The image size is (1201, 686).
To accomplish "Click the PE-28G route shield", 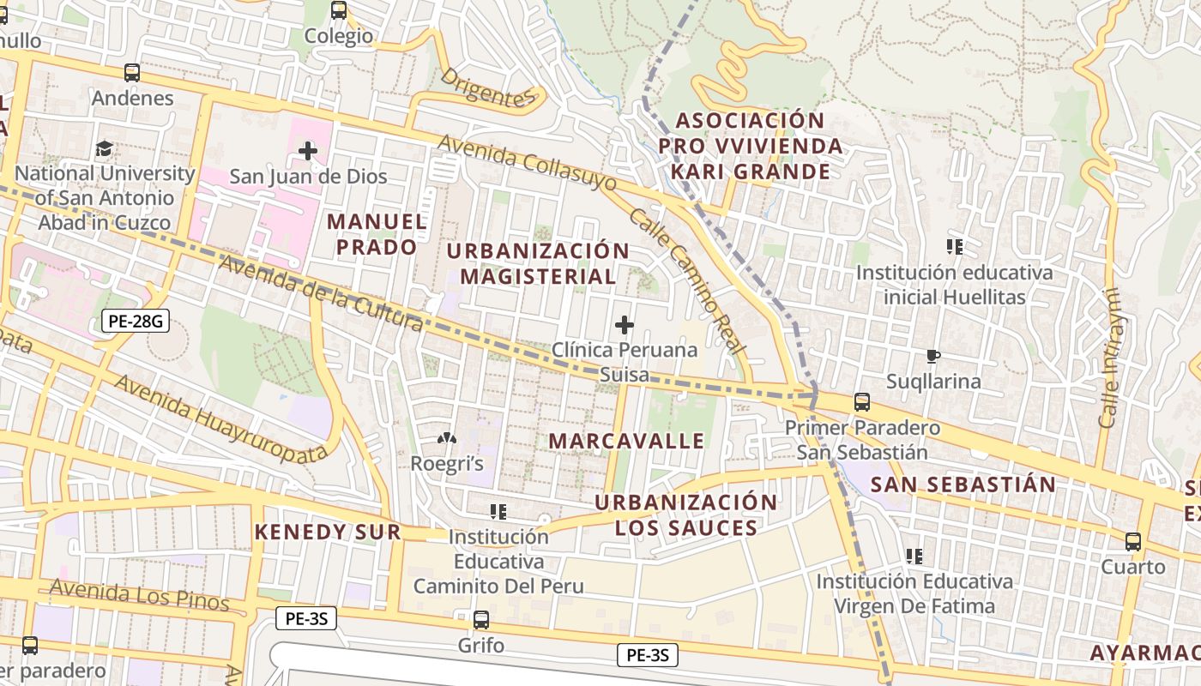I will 135,322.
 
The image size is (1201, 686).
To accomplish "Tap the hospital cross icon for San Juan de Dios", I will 307,152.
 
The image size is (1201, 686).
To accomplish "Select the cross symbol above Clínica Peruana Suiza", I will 625,325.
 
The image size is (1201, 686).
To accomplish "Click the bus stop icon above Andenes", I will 132,73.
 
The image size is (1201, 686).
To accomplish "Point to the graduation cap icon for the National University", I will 105,149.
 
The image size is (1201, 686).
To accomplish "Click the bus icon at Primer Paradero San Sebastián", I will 862,402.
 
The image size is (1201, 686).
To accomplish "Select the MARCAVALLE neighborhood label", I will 626,441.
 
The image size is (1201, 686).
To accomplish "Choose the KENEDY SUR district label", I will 328,532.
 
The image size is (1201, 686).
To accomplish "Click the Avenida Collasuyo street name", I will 527,162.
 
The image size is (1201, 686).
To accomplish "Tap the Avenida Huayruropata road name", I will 221,418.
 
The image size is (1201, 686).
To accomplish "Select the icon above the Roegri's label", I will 447,439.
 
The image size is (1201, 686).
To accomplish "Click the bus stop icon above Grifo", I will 481,619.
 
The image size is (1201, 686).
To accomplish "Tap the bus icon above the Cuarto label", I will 1133,542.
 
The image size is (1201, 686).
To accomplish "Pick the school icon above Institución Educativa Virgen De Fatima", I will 914,557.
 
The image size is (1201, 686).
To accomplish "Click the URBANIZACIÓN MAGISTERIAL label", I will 538,263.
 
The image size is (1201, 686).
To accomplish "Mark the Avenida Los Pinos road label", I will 139,595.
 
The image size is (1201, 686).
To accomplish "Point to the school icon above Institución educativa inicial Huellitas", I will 954,248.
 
